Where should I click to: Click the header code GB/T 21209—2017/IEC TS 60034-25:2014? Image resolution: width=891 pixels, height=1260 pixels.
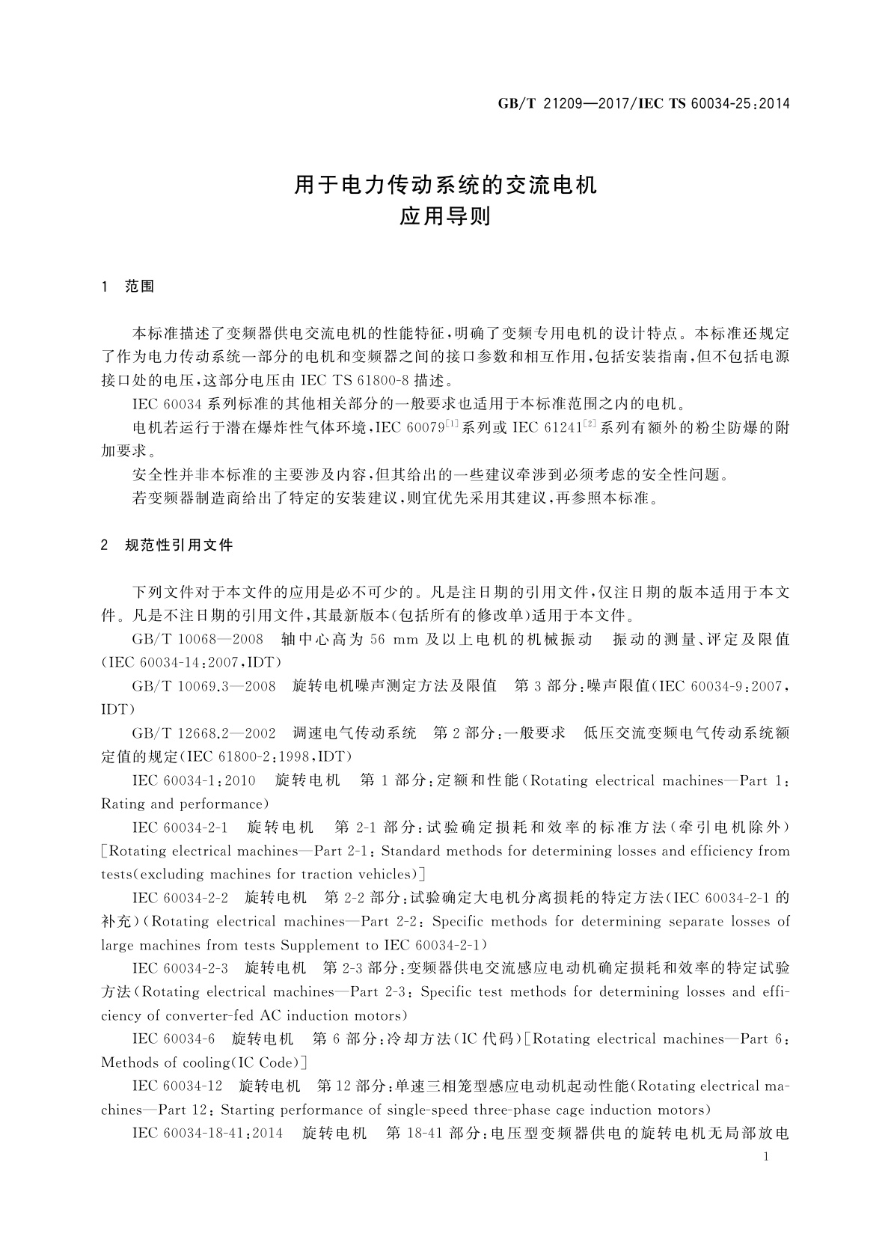point(643,103)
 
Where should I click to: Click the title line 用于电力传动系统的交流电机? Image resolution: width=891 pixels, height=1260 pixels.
point(446,185)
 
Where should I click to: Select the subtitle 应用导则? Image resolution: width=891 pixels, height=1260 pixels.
point(445,217)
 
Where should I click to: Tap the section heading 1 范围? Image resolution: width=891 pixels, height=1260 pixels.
point(128,287)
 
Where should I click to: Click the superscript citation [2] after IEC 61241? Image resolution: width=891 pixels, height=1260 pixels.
point(590,424)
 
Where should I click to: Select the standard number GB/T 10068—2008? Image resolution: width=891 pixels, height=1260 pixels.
point(198,640)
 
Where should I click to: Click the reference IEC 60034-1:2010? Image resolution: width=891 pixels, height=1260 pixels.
point(194,780)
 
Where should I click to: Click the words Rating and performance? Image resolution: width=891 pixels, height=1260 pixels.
point(183,804)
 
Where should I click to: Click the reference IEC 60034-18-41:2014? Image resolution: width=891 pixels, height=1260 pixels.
point(207,1133)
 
